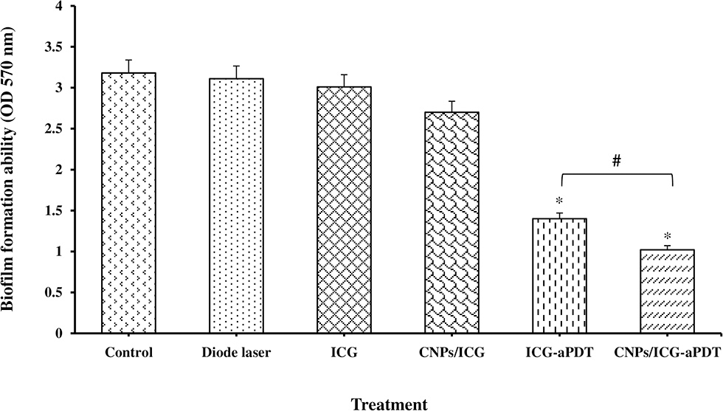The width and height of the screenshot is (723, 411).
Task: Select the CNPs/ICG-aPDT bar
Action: point(667,291)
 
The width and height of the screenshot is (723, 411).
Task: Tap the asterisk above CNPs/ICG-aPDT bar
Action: point(667,237)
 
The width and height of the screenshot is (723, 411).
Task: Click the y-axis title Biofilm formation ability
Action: point(13,170)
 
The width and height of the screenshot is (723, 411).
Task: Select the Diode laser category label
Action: point(236,353)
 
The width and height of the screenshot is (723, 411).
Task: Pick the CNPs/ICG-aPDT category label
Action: point(667,353)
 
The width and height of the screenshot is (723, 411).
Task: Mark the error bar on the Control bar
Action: point(128,66)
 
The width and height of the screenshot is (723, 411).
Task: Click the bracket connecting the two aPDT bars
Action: point(616,175)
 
